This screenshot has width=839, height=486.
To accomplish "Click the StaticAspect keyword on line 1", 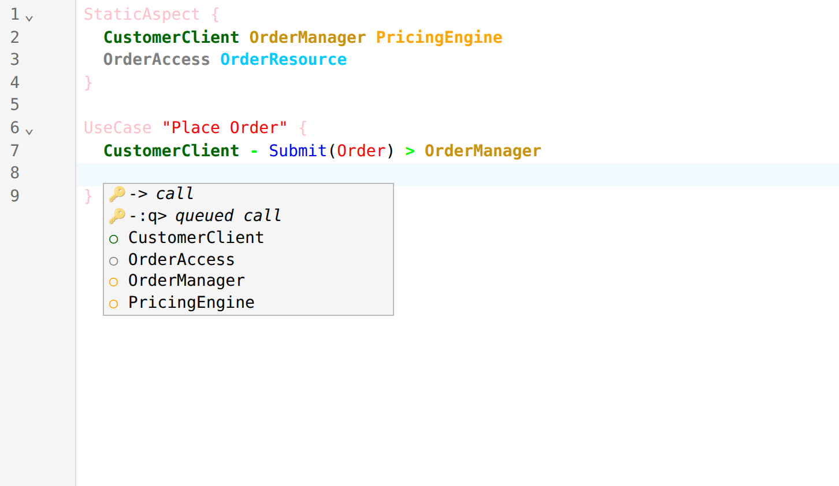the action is click(x=142, y=14).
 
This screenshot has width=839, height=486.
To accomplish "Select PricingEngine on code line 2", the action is click(x=439, y=38).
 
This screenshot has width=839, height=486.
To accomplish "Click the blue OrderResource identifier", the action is click(x=284, y=60).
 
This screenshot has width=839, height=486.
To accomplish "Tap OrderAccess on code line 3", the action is click(x=157, y=60).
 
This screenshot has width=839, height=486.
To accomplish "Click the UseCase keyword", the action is click(x=118, y=128).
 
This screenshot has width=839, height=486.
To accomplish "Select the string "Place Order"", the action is click(x=225, y=128).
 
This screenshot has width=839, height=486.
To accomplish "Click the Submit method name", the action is click(x=298, y=151).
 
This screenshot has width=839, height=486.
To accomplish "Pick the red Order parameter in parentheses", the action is click(x=361, y=151).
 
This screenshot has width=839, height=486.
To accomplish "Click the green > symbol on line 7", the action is click(x=410, y=151).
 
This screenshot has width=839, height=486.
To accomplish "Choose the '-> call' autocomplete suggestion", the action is click(x=161, y=194).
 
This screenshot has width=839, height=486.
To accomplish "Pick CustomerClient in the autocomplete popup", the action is click(x=196, y=238).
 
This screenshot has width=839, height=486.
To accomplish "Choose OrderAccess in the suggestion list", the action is click(x=181, y=260).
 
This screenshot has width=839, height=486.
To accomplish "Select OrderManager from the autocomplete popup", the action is click(x=187, y=281).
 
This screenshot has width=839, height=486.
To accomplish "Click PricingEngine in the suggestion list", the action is click(x=191, y=303).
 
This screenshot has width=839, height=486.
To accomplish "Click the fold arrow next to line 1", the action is click(x=29, y=18).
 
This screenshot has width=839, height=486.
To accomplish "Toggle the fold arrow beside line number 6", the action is click(x=29, y=132).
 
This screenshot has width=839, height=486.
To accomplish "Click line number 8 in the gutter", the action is click(x=15, y=173).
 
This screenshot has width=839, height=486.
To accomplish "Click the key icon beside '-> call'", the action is click(x=117, y=194).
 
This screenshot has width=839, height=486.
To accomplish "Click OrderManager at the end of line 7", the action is click(x=483, y=151).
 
